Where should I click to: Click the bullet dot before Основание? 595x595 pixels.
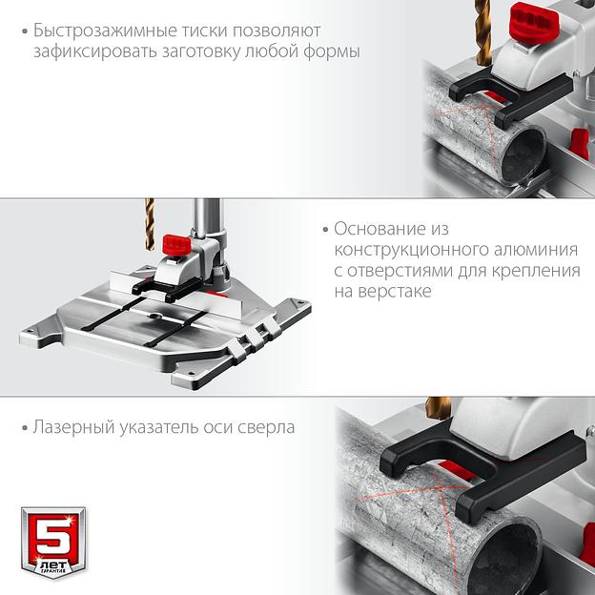point(326,230)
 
